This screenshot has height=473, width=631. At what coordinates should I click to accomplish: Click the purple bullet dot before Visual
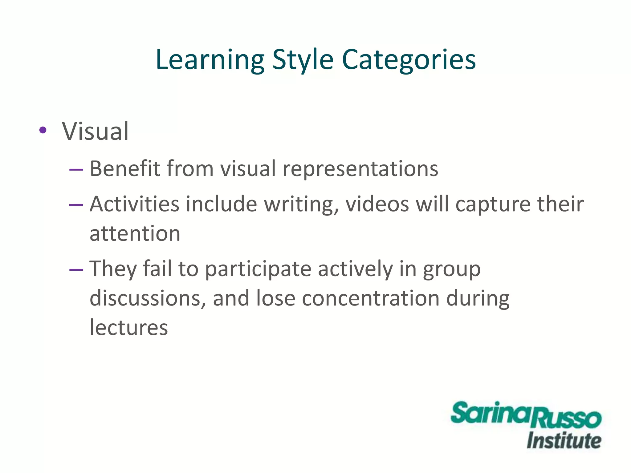click(43, 130)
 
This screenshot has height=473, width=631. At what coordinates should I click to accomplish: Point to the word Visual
click(95, 131)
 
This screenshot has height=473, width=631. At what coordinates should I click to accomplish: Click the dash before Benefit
click(76, 169)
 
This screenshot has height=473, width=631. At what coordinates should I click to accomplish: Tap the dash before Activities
click(76, 205)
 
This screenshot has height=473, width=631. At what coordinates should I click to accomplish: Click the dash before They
click(76, 270)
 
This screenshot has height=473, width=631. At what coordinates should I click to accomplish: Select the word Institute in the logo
click(564, 441)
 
